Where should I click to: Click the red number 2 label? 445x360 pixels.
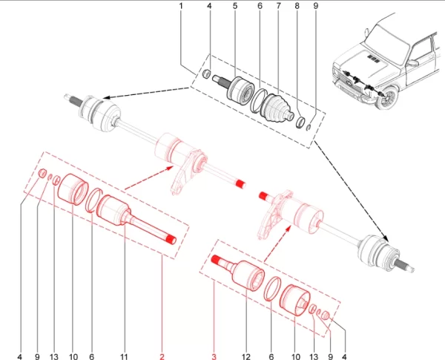click(162, 356)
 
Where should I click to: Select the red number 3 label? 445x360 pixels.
click(214, 356)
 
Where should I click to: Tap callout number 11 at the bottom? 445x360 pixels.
click(124, 356)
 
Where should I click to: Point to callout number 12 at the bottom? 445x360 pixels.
click(246, 356)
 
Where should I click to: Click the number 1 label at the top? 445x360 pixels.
click(181, 6)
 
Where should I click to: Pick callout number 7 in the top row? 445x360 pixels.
click(278, 6)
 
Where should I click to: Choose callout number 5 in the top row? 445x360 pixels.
click(235, 6)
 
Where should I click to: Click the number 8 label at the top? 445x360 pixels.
click(297, 6)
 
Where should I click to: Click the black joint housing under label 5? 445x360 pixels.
click(240, 90)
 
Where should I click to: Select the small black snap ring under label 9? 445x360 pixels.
click(310, 128)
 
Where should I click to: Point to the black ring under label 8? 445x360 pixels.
click(300, 122)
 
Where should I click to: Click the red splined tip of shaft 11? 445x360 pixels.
click(171, 240)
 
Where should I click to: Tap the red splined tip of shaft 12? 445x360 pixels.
click(217, 259)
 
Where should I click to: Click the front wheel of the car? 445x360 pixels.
click(386, 98)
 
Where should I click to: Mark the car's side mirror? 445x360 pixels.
click(412, 63)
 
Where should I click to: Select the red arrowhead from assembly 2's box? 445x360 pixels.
click(170, 168)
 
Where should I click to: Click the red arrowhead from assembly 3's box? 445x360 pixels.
click(289, 228)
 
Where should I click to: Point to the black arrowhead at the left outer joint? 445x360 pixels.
click(106, 97)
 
